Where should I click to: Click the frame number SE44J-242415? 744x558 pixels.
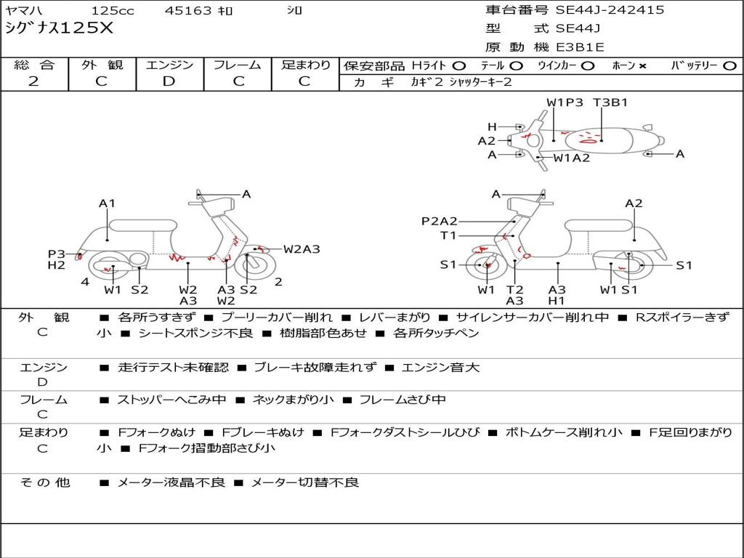(x=610, y=9)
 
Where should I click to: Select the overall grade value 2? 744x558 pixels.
(x=33, y=81)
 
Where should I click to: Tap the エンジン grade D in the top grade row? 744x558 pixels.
(x=169, y=81)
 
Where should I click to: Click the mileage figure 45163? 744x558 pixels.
(x=188, y=10)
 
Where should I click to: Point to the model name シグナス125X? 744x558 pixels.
(x=60, y=28)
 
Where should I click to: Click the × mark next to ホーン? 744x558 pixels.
(x=642, y=66)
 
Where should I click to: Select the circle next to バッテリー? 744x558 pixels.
(x=729, y=66)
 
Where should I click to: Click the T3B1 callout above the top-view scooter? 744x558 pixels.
(x=610, y=102)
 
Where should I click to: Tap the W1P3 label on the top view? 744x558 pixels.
(x=565, y=102)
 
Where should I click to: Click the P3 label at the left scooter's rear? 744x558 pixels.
(x=57, y=254)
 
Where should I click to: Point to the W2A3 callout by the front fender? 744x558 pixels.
(x=302, y=249)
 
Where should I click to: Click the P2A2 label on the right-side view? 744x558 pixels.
(x=440, y=221)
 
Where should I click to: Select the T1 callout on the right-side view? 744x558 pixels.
(x=448, y=235)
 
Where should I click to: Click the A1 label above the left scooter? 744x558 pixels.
(x=108, y=203)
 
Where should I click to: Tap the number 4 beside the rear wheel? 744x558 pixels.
(x=85, y=282)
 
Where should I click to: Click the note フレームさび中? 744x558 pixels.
(x=403, y=400)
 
